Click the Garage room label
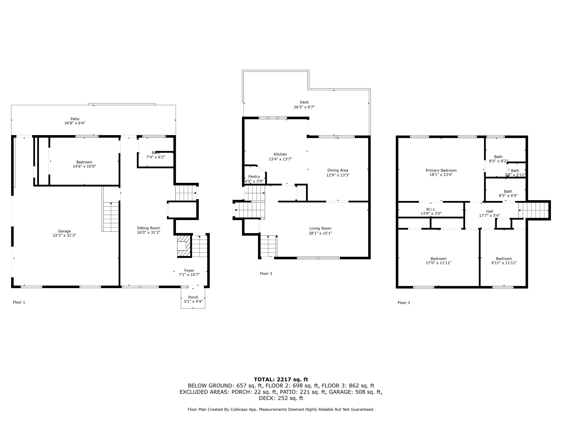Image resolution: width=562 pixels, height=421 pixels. [x=64, y=231]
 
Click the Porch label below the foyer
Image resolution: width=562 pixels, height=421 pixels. [x=193, y=297]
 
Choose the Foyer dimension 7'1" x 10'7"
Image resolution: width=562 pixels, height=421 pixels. [x=189, y=275]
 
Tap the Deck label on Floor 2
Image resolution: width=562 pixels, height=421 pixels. [x=304, y=102]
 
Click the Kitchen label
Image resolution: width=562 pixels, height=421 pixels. [x=280, y=154]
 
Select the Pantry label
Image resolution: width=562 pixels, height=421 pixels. [x=254, y=177]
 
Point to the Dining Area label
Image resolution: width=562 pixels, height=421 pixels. [x=338, y=170]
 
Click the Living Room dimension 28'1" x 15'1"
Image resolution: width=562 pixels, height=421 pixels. [x=320, y=233]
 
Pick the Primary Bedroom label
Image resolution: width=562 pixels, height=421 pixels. [x=441, y=170]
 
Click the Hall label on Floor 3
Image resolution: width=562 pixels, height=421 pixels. [x=490, y=211]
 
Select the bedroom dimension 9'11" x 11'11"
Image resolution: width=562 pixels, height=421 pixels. [x=504, y=263]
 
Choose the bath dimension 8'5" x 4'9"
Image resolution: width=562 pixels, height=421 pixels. [x=508, y=196]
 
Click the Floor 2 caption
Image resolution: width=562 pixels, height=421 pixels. [x=266, y=274]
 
